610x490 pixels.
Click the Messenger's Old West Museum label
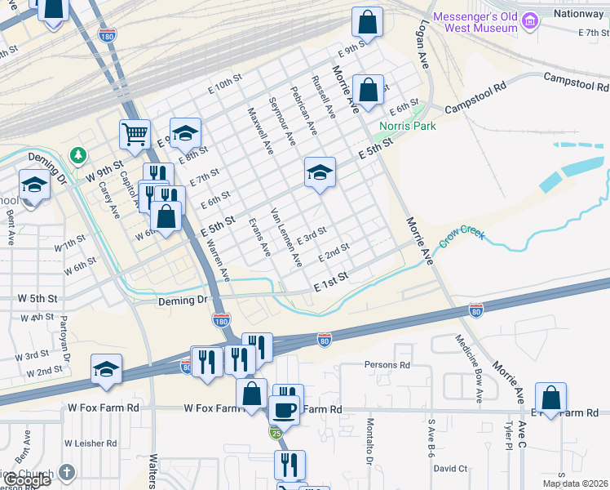(475, 22)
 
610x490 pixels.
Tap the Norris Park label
(407, 126)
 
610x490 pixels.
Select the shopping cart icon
(135, 133)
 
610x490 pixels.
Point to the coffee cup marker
(284, 409)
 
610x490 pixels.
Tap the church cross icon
(67, 473)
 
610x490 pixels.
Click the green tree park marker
(78, 154)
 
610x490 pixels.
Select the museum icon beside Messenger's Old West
(530, 20)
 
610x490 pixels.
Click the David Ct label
(450, 469)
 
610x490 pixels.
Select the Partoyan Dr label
(64, 338)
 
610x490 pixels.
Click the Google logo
(27, 480)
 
